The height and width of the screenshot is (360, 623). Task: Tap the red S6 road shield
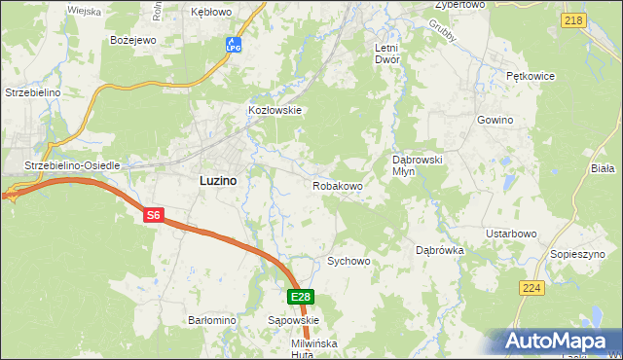[x=153, y=216]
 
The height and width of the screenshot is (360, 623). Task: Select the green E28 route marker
[x=301, y=297]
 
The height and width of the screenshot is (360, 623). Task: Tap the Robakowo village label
[x=338, y=185]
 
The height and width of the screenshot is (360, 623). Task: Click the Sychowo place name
[x=348, y=261]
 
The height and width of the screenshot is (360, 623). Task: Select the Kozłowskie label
[x=276, y=110]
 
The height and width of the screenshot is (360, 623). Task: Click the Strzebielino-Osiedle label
[x=72, y=165]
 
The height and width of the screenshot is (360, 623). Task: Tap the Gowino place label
[x=495, y=120]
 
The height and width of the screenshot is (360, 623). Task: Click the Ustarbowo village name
[x=512, y=234]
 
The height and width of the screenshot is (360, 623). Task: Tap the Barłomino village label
[x=212, y=319]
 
